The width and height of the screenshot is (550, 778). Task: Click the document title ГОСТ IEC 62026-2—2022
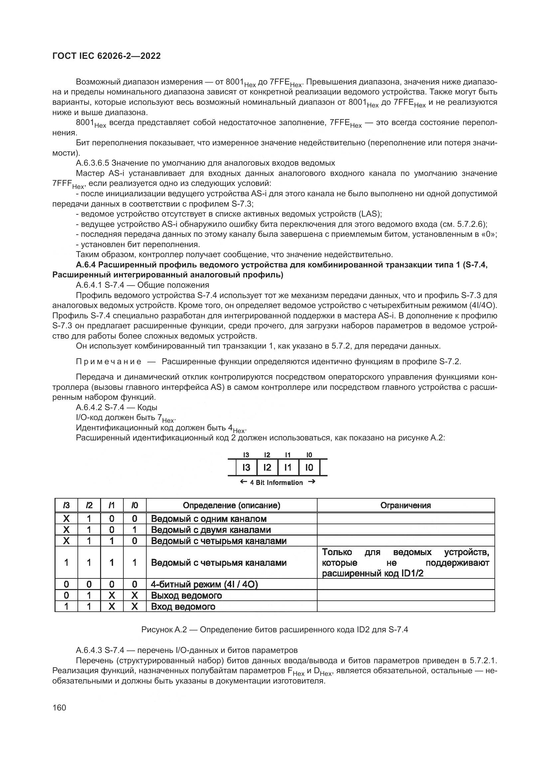click(106, 56)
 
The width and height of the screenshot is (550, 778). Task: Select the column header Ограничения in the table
click(405, 505)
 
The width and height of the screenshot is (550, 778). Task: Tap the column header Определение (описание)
click(231, 505)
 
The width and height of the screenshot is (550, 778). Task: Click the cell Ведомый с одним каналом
click(208, 519)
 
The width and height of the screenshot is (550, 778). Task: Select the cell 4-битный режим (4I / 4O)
click(204, 584)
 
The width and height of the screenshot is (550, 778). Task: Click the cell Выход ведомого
click(186, 595)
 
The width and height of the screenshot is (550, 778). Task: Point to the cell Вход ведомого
click(183, 606)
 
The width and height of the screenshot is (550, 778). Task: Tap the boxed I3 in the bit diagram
click(246, 468)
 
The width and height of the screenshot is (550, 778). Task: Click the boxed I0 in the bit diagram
click(309, 468)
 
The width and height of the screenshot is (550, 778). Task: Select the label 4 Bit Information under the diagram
click(276, 483)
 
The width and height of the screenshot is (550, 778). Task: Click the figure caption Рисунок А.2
click(274, 630)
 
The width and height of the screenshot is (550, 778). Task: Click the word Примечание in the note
click(109, 362)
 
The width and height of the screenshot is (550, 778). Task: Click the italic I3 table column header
click(67, 505)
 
